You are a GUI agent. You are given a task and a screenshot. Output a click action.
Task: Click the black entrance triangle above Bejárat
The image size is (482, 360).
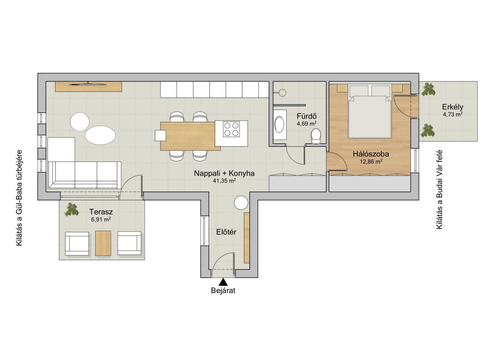click(x=223, y=282)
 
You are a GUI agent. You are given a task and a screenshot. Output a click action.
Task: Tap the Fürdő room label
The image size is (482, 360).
click(x=306, y=116)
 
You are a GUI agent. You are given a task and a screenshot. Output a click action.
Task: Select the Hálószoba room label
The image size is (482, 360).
click(x=371, y=154)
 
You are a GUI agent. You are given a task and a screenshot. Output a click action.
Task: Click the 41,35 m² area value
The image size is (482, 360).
click(x=224, y=181)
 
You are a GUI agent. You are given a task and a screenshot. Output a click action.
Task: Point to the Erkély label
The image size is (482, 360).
click(x=452, y=107)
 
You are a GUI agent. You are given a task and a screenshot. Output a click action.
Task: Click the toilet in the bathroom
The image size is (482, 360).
click(x=316, y=136)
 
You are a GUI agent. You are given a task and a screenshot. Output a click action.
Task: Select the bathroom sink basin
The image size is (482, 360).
click(x=280, y=124)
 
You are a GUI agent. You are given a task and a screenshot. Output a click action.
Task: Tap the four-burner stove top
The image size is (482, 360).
click(x=231, y=129)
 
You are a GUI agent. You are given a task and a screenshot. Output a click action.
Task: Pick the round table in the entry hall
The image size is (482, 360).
click(x=241, y=203)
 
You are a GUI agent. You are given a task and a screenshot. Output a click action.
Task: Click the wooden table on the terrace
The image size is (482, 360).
click(x=103, y=243)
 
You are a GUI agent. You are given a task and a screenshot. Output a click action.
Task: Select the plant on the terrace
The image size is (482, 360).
click(x=72, y=209)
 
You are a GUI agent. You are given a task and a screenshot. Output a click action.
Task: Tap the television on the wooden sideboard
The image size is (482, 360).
click(x=88, y=83)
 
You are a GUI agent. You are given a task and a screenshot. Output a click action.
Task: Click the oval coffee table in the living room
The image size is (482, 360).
click(x=100, y=135)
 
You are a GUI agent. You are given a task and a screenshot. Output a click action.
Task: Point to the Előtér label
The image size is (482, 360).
click(x=226, y=232)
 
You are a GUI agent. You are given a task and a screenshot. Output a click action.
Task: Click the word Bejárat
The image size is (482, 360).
click(x=223, y=290)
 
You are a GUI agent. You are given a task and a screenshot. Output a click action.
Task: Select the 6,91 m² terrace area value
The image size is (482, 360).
click(x=101, y=219)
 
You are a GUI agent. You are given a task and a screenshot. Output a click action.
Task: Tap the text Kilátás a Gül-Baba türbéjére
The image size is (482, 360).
click(x=19, y=198)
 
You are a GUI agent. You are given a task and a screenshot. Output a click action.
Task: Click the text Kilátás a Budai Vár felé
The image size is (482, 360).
click(x=440, y=189)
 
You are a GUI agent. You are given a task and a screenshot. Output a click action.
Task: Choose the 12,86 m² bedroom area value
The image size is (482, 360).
click(x=371, y=161)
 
